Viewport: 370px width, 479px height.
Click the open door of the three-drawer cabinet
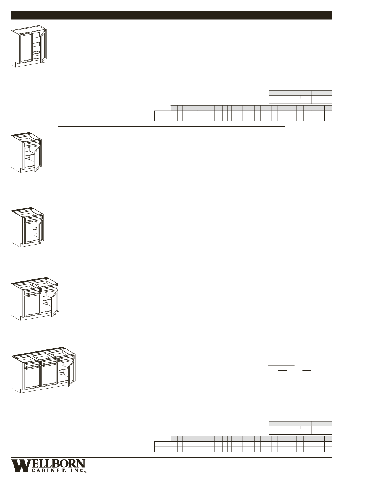(x=71, y=374)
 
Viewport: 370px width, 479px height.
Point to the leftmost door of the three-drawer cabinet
(x=33, y=378)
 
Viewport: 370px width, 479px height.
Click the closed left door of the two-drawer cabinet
(x=33, y=305)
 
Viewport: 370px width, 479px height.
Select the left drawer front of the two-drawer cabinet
(x=33, y=292)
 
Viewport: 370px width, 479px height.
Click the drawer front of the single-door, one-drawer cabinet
(x=32, y=144)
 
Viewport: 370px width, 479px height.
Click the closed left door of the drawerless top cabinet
(x=25, y=47)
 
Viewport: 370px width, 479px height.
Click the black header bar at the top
(x=171, y=15)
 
